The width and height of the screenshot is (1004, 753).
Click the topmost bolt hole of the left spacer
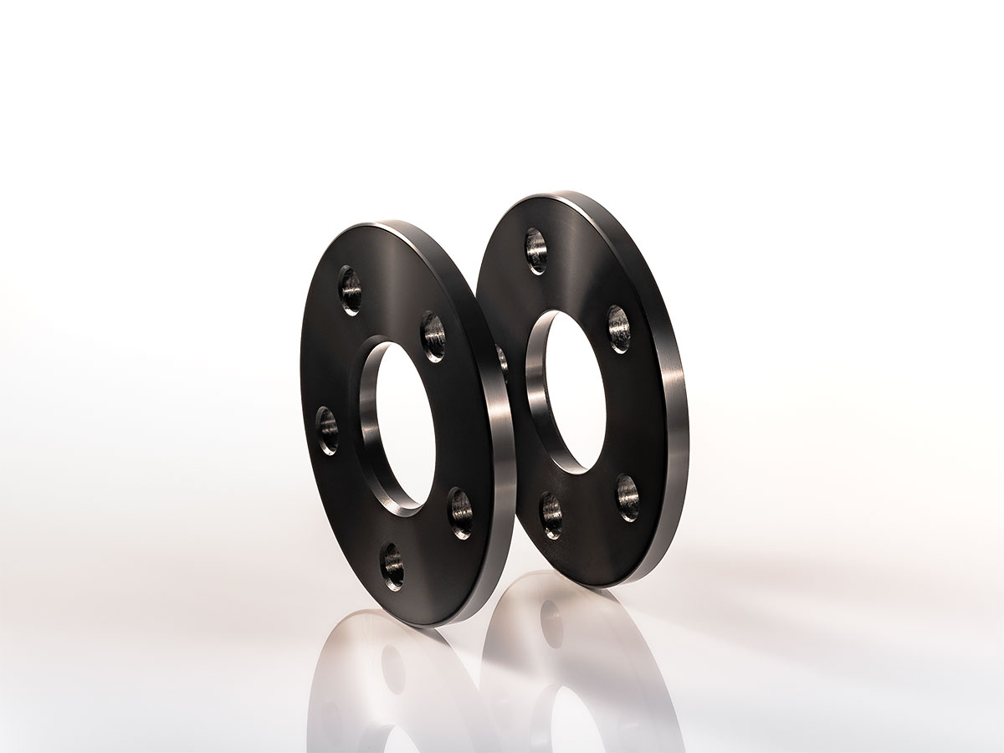pyautogui.click(x=351, y=289)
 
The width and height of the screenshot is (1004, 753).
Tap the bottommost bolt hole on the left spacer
pyautogui.click(x=392, y=566)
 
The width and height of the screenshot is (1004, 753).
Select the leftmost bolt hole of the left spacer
pyautogui.click(x=328, y=430)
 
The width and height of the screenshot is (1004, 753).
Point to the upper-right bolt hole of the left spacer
pyautogui.click(x=433, y=335)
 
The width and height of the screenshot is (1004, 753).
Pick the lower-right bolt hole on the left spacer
pyautogui.click(x=460, y=512)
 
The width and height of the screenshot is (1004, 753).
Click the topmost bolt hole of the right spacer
pyautogui.click(x=535, y=248)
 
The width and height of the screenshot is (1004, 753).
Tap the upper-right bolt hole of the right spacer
pyautogui.click(x=619, y=328)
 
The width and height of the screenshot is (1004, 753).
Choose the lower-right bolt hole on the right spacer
pyautogui.click(x=628, y=497)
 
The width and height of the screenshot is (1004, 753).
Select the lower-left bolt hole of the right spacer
pyautogui.click(x=551, y=515)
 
